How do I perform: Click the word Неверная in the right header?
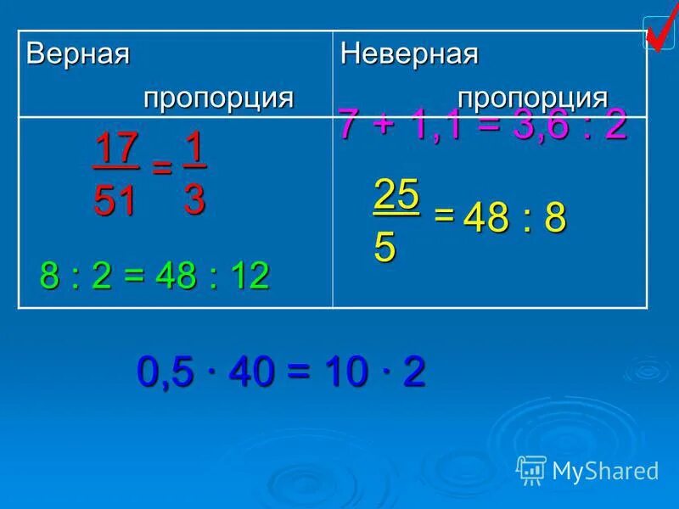coord(409,54)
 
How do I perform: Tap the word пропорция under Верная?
coord(218,97)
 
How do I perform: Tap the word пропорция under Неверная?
coord(533,97)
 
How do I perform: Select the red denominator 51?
coord(115,201)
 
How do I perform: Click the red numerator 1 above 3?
coord(194,147)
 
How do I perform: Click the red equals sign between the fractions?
coord(160,169)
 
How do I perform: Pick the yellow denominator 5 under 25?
coord(384,247)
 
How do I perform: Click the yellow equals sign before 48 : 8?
coord(443,215)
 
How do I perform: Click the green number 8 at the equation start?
coord(51,277)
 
